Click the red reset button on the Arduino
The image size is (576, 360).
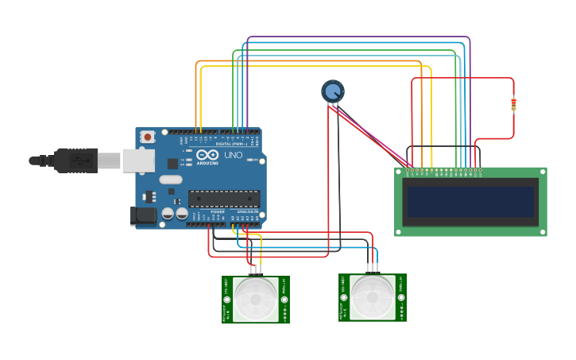coord(148,137)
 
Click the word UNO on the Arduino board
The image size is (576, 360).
coord(234,156)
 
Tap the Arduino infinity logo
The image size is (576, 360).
coord(207,156)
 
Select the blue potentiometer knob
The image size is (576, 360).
coord(333,91)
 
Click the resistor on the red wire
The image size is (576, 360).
coord(513,104)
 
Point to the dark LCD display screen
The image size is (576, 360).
coord(470,202)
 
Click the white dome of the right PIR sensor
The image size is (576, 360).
coord(373,296)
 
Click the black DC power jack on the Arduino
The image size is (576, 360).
coord(143,215)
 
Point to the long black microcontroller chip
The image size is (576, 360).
coord(223,199)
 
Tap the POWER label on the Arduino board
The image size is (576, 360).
coord(217,211)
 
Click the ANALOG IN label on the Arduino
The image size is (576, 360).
coord(246,211)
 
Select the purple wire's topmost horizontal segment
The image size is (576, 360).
coord(358,37)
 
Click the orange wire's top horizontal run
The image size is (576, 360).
coord(310,60)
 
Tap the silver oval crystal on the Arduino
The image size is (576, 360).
coord(170,180)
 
